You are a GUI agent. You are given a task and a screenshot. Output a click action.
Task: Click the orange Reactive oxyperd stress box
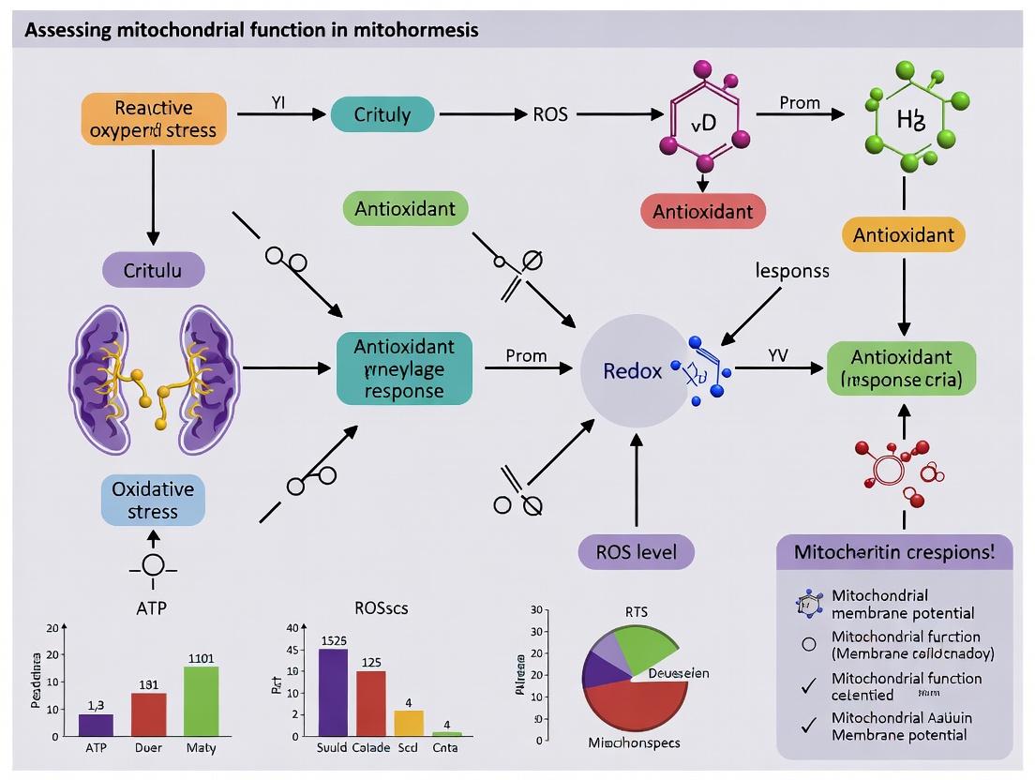coord(153,117)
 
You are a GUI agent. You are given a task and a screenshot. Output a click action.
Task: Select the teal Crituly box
coord(382,115)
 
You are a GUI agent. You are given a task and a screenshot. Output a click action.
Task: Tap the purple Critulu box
coord(153,269)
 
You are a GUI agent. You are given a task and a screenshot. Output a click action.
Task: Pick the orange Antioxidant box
coord(903,234)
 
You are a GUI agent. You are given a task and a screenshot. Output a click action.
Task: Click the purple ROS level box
coord(637,550)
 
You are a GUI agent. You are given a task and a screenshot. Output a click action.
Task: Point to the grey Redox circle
coord(633,371)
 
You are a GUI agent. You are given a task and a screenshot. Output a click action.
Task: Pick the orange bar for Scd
coord(409,723)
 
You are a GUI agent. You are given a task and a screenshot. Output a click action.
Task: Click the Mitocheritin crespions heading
coord(894,551)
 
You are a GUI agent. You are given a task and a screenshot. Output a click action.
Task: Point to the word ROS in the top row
coord(550,115)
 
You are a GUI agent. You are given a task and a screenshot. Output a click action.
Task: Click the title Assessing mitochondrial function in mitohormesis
coord(251,30)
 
